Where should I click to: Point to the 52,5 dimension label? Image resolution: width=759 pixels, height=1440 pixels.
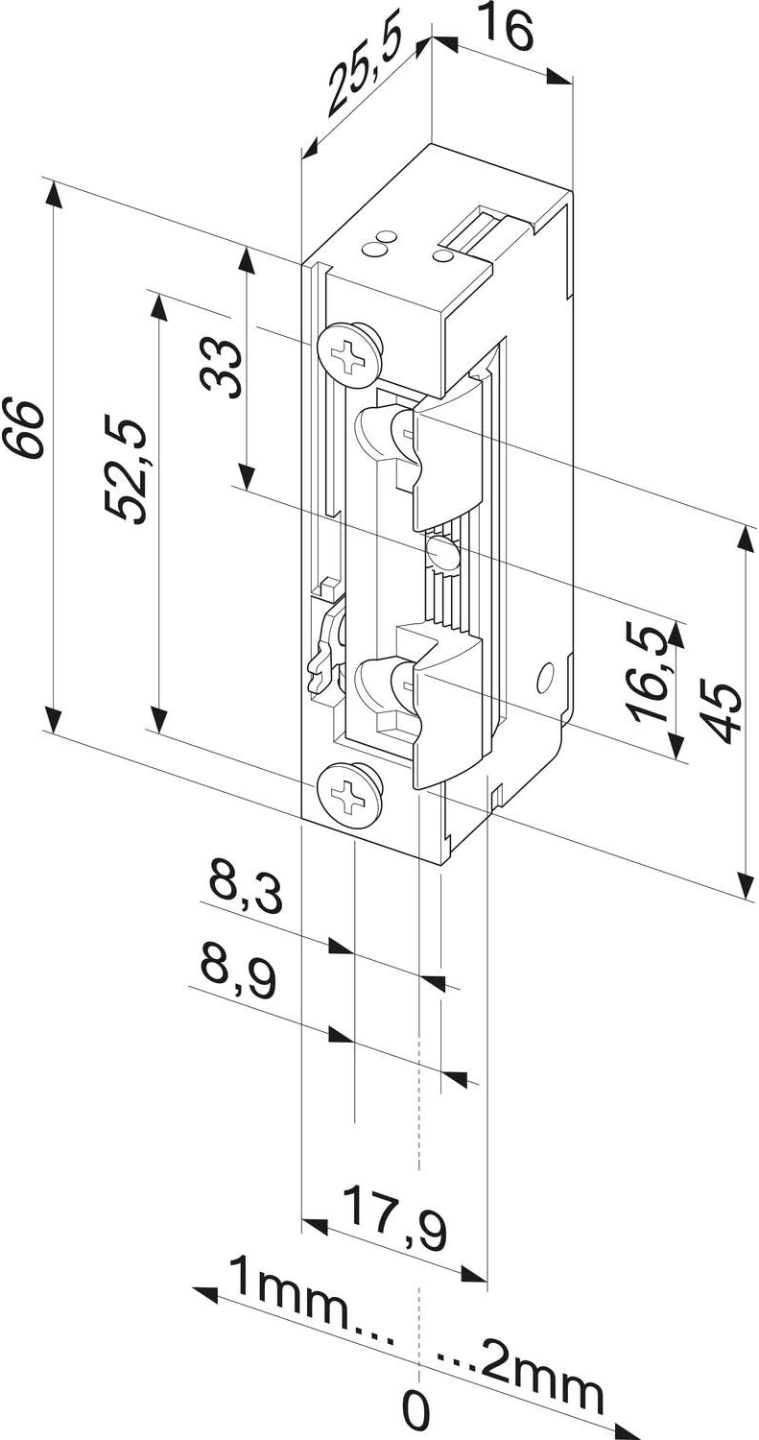[x=126, y=471]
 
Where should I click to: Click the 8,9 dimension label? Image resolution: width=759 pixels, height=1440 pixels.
[x=237, y=974]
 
